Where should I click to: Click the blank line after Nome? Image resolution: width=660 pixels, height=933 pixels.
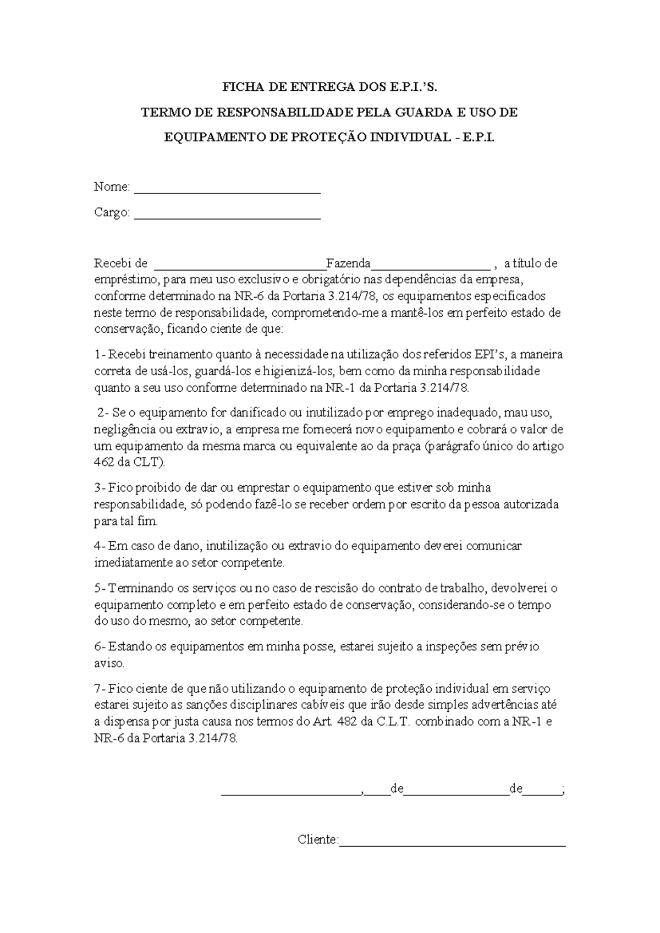pyautogui.click(x=227, y=191)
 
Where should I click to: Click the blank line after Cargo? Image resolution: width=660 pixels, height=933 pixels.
pyautogui.click(x=227, y=216)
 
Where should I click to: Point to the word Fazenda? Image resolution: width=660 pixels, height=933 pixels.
pyautogui.click(x=348, y=264)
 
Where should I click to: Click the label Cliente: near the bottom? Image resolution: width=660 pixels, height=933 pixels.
pyautogui.click(x=318, y=839)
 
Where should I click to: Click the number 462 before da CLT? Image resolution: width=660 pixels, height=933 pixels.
pyautogui.click(x=105, y=463)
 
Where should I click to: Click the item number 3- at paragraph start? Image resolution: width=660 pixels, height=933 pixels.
pyautogui.click(x=100, y=488)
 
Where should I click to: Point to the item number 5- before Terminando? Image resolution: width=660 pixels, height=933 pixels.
pyautogui.click(x=100, y=588)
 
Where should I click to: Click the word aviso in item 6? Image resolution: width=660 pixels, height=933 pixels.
pyautogui.click(x=109, y=663)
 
